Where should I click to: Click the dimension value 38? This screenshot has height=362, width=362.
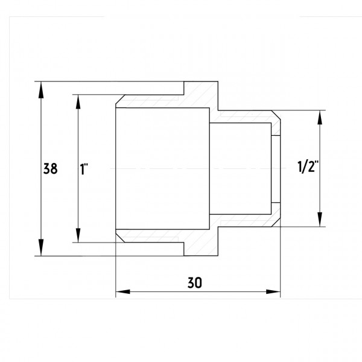(x=50, y=168)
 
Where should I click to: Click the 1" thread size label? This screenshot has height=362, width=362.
(x=84, y=169)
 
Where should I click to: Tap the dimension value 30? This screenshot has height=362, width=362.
(x=195, y=282)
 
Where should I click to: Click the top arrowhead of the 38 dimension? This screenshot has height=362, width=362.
(x=41, y=90)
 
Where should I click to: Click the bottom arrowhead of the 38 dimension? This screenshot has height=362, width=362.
(x=41, y=247)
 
